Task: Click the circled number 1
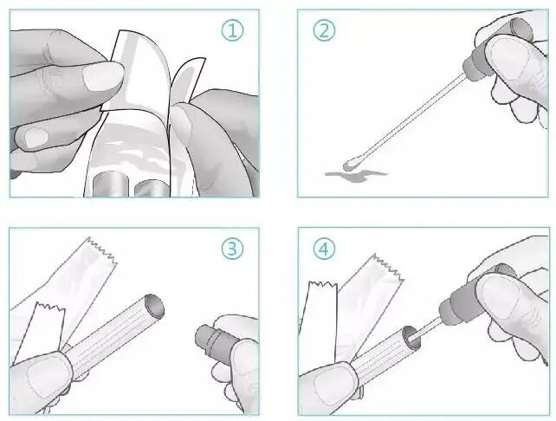233,30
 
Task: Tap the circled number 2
324,30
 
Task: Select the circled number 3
233,249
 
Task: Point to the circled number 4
324,249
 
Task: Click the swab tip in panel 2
351,164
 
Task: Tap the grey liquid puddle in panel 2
356,175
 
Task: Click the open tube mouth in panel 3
155,306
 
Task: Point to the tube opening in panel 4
411,336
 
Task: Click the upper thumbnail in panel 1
103,77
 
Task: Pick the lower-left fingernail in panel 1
36,138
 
